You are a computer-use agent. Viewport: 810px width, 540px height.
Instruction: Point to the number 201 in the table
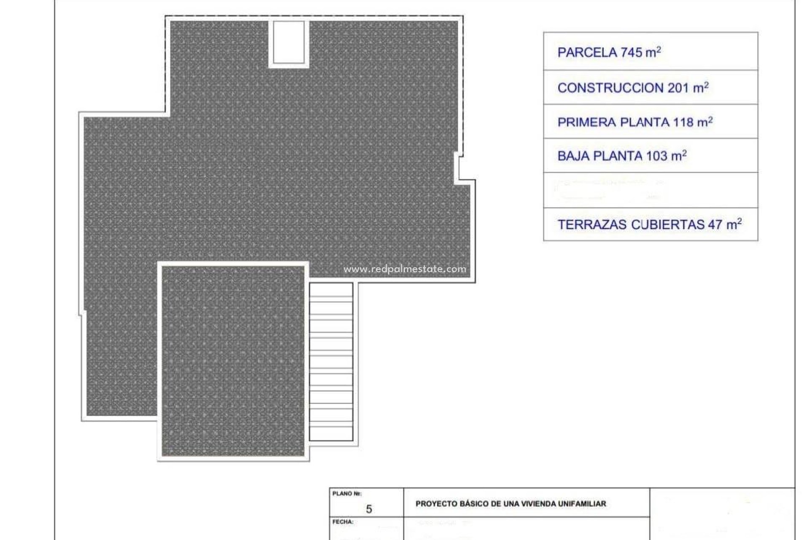[678, 88]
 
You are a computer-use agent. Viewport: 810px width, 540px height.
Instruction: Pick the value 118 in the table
[683, 122]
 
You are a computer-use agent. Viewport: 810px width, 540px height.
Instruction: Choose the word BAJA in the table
[573, 156]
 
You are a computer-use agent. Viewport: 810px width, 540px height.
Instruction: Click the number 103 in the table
[656, 156]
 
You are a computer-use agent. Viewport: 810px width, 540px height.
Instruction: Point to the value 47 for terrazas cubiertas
[715, 225]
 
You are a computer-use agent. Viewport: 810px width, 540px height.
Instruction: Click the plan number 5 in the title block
[369, 509]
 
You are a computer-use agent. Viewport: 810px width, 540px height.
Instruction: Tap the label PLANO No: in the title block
[347, 494]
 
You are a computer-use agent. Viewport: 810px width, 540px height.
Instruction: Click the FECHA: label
[343, 522]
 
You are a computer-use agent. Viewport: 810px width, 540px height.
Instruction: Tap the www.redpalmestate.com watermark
[405, 269]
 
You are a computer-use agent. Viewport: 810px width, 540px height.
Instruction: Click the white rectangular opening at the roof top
[289, 42]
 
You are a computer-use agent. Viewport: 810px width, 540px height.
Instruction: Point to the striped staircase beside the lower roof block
[331, 362]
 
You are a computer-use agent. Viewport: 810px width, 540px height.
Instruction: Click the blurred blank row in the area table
[650, 190]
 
